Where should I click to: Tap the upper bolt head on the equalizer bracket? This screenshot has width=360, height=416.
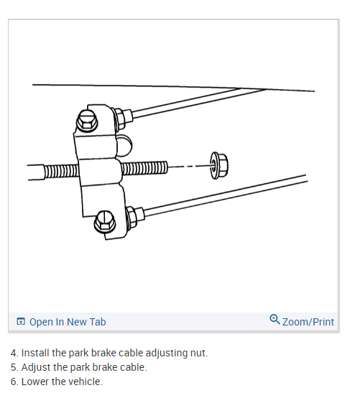coord(87,121)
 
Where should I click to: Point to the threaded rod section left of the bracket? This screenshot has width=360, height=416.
coord(60,172)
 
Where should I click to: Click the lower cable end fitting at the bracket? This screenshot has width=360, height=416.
coord(132,213)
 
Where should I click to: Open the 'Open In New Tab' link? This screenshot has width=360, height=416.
coord(68,322)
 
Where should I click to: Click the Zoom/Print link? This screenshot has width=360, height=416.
coord(308,322)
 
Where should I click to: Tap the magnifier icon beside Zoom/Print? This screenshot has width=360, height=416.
coord(274,320)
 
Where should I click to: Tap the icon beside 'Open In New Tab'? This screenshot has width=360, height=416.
coord(21,322)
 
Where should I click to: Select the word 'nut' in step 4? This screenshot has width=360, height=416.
coord(199,353)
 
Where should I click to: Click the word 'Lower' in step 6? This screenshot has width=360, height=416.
coord(35,382)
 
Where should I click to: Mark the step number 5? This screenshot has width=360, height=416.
coord(14,367)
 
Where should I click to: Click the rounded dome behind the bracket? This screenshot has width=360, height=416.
coord(124,144)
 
